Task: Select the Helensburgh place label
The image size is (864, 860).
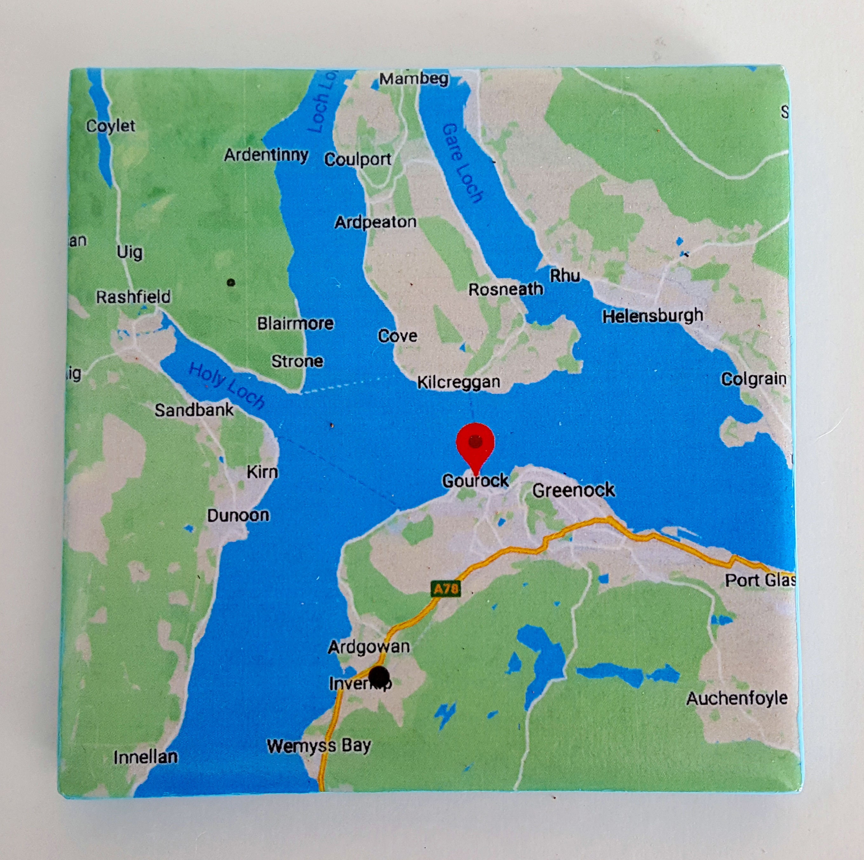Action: tap(652, 316)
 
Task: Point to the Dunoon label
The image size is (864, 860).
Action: tap(238, 515)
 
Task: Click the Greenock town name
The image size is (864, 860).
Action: tap(573, 490)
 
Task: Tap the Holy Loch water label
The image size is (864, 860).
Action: tap(226, 385)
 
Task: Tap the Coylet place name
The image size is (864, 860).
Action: tap(111, 126)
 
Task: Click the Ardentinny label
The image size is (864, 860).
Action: tap(266, 155)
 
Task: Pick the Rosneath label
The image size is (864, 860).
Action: tap(505, 289)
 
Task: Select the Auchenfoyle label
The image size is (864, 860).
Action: tap(737, 698)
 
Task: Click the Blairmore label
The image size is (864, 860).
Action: tap(295, 323)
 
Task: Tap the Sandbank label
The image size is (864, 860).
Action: tap(194, 410)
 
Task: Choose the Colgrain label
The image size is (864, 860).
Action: tap(753, 379)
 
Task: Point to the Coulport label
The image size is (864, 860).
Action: tap(358, 159)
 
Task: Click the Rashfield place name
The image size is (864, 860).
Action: tap(133, 297)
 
